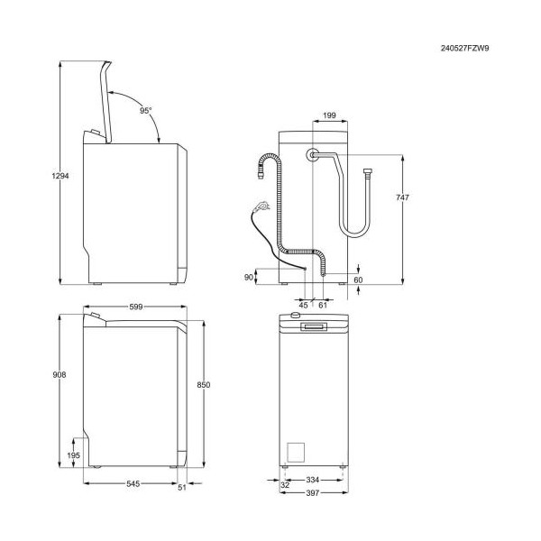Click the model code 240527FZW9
[x=464, y=49]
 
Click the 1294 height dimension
[x=60, y=176]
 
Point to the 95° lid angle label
[x=145, y=110]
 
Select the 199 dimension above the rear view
[x=329, y=115]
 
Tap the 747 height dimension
[x=402, y=197]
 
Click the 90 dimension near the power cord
[x=249, y=277]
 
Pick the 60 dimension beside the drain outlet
[x=359, y=280]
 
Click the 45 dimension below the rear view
[x=303, y=306]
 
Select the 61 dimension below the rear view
[x=323, y=306]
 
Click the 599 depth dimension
[x=135, y=307]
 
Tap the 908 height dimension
[x=60, y=374]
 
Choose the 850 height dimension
[x=204, y=385]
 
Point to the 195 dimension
[x=74, y=455]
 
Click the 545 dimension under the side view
[x=133, y=483]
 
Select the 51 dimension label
[x=182, y=487]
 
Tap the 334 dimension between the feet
[x=313, y=480]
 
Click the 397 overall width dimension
[x=313, y=493]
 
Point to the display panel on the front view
[x=313, y=326]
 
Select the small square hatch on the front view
[x=296, y=453]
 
